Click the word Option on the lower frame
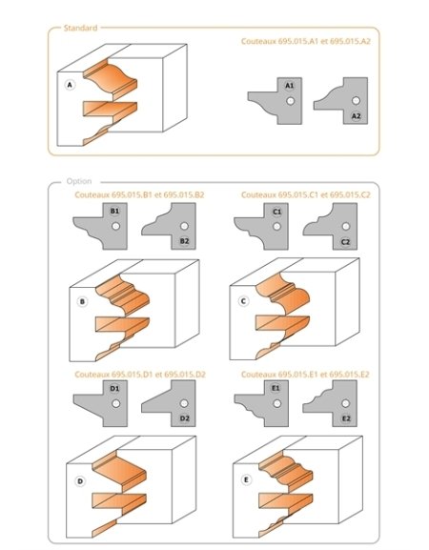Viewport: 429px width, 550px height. [78, 181]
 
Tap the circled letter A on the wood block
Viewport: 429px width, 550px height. [70, 85]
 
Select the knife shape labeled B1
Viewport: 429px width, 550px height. [105, 225]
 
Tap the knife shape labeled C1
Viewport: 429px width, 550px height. [267, 225]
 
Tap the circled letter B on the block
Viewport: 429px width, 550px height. [82, 304]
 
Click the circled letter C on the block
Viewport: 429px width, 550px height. [243, 303]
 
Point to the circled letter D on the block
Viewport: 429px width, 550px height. [81, 481]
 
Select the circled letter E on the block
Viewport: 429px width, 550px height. [247, 479]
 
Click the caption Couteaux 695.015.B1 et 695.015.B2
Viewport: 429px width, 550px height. [139, 194]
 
